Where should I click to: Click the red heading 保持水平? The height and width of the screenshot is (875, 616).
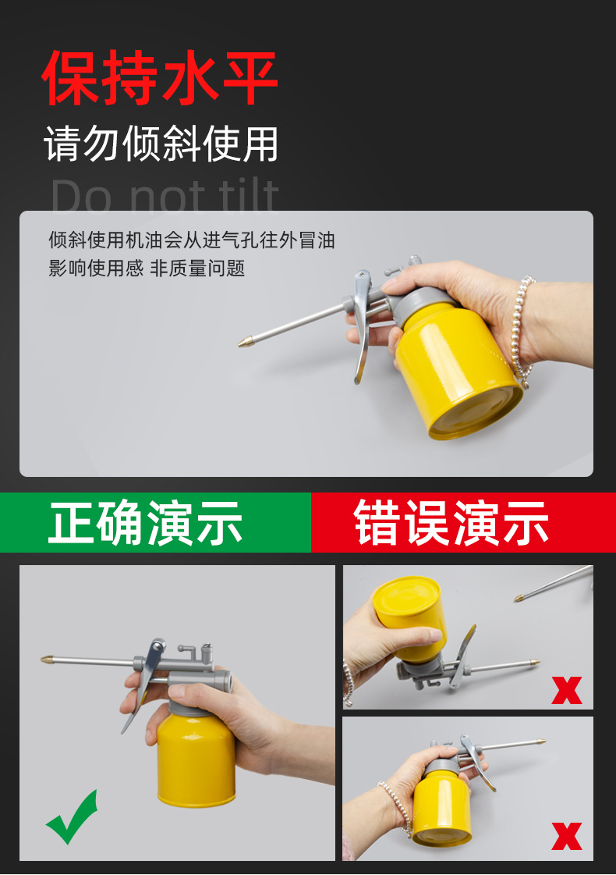coord(160,77)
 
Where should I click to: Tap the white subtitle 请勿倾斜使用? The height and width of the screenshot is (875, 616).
coord(161,144)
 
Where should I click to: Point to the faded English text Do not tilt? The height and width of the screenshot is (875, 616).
coord(165,197)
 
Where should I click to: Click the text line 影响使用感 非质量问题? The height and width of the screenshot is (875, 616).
coord(147,269)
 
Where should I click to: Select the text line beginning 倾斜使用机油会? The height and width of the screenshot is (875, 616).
coord(192,240)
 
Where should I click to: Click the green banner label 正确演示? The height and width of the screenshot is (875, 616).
coord(146,523)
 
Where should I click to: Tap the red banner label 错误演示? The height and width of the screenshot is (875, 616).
coord(451,523)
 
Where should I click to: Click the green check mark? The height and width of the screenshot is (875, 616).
coord(72,818)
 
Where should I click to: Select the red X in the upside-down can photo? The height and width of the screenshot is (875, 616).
coord(567,690)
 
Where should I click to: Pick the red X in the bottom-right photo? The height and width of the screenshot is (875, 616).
coord(567,836)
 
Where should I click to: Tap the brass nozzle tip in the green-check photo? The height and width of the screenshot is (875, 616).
coord(48,660)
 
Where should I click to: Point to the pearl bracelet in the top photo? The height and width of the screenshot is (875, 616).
coord(521,329)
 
